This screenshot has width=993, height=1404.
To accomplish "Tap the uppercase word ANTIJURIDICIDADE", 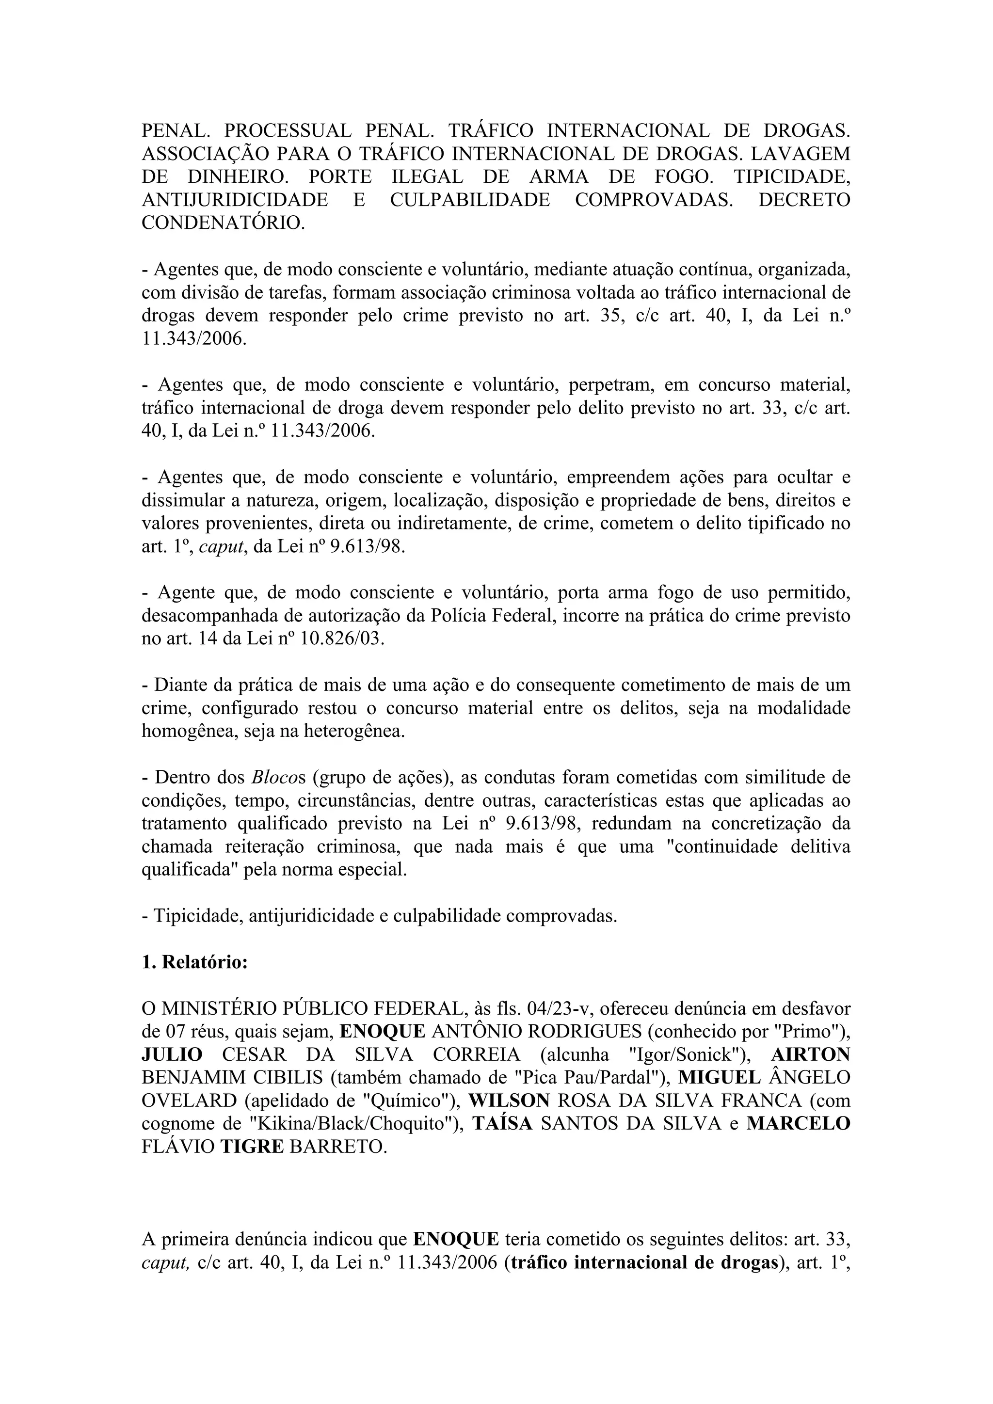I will pos(235,200).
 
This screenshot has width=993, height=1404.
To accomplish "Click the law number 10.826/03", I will pos(342,639).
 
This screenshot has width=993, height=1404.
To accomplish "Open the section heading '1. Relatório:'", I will pos(194,962).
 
